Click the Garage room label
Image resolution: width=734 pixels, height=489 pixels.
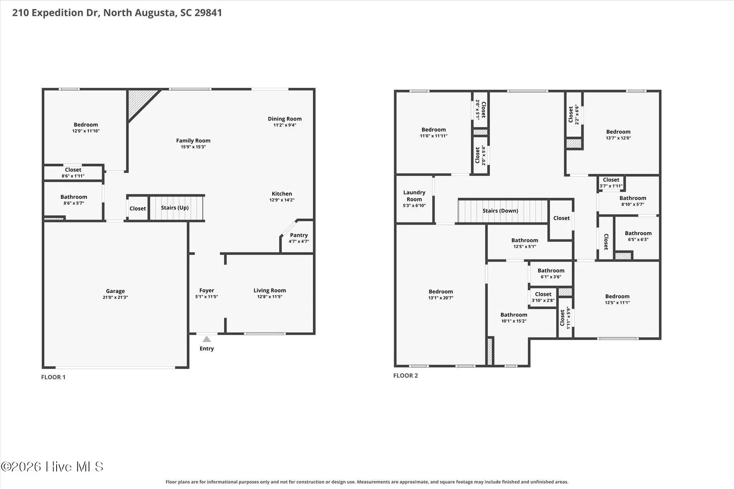[116, 291]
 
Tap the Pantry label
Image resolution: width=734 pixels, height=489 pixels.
[299, 235]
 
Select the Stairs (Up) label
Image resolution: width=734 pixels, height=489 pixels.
[174, 208]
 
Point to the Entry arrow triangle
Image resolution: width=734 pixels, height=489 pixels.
[207, 339]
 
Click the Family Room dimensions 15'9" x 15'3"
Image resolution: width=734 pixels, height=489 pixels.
[193, 147]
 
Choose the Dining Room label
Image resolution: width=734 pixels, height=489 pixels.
[285, 119]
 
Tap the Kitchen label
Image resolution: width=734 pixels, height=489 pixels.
[282, 194]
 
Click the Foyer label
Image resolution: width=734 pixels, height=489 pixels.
[207, 291]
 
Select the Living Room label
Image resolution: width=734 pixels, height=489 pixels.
[270, 291]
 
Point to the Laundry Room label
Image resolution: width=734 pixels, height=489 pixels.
[414, 196]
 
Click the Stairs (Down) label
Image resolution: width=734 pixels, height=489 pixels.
[500, 211]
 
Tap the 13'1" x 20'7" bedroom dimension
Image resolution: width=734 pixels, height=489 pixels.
[441, 298]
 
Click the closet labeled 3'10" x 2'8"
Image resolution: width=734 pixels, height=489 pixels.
[543, 297]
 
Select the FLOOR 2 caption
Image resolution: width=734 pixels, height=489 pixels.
[406, 376]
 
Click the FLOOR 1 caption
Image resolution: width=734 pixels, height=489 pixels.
[53, 377]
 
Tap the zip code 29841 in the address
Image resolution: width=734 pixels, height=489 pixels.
[208, 12]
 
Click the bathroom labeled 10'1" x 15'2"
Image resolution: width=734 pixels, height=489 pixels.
[514, 318]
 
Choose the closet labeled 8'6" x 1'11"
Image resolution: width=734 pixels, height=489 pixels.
[73, 173]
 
